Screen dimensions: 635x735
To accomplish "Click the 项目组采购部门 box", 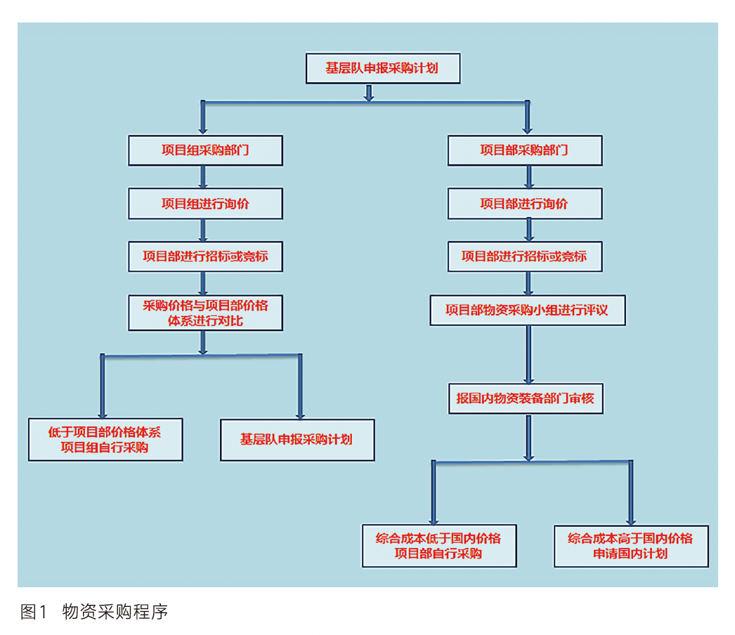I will coord(205,150).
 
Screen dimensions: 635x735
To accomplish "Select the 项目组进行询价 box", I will coord(205,204).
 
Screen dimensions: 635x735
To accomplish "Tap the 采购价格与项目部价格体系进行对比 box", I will coord(205,313).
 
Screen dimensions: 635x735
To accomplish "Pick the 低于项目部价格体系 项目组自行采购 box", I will coord(105,440).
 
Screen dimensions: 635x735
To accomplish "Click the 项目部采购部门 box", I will coord(524,150).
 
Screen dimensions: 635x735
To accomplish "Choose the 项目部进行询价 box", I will coord(524,204).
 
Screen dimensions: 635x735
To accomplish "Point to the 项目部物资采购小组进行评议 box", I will coord(527,310).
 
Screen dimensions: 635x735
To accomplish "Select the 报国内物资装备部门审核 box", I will coord(525,398).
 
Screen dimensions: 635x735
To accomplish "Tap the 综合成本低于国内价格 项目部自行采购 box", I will coord(439,545).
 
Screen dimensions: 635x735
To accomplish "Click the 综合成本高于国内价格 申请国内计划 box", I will coord(630,545).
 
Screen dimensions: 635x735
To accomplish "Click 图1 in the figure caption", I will coord(33,611).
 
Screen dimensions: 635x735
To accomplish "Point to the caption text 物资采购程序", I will coord(115,611).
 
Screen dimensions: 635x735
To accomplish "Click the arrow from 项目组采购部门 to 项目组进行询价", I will coord(203,178).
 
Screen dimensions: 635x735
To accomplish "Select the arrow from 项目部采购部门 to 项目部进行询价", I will coord(528,178).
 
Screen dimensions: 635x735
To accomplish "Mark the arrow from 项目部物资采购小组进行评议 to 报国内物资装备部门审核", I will coord(528,354).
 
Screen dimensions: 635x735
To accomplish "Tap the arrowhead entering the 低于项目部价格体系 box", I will coord(103,412).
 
